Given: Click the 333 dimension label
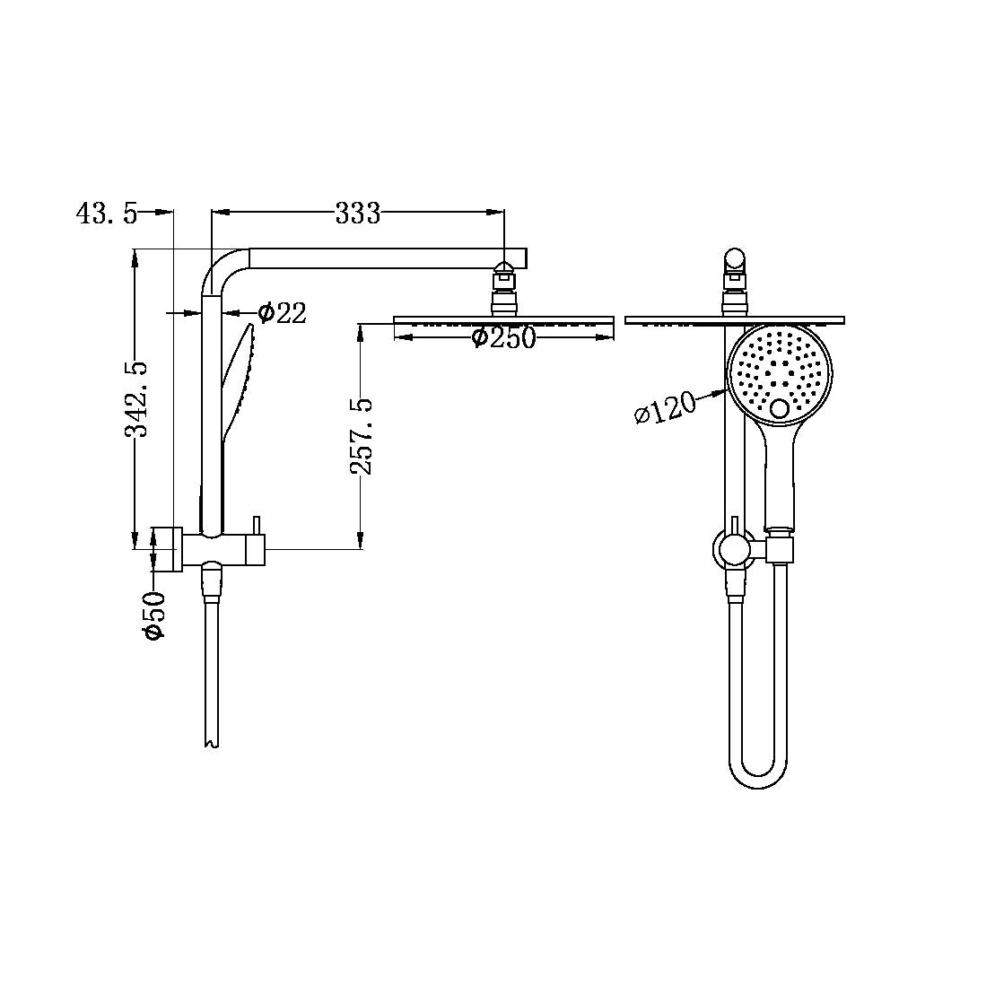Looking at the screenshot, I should (x=358, y=214).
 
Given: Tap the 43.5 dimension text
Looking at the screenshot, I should (x=107, y=214).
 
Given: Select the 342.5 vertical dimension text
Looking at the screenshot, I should (x=135, y=398).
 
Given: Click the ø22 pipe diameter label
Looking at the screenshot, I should (x=281, y=312).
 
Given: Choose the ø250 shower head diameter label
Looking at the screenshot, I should (x=503, y=338).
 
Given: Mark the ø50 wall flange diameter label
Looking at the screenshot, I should (x=153, y=615).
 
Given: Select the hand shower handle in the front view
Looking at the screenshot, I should (x=779, y=476).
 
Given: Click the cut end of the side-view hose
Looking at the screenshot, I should (x=211, y=741).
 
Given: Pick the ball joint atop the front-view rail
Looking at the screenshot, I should (x=735, y=262).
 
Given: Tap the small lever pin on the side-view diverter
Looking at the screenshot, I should (x=256, y=524).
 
